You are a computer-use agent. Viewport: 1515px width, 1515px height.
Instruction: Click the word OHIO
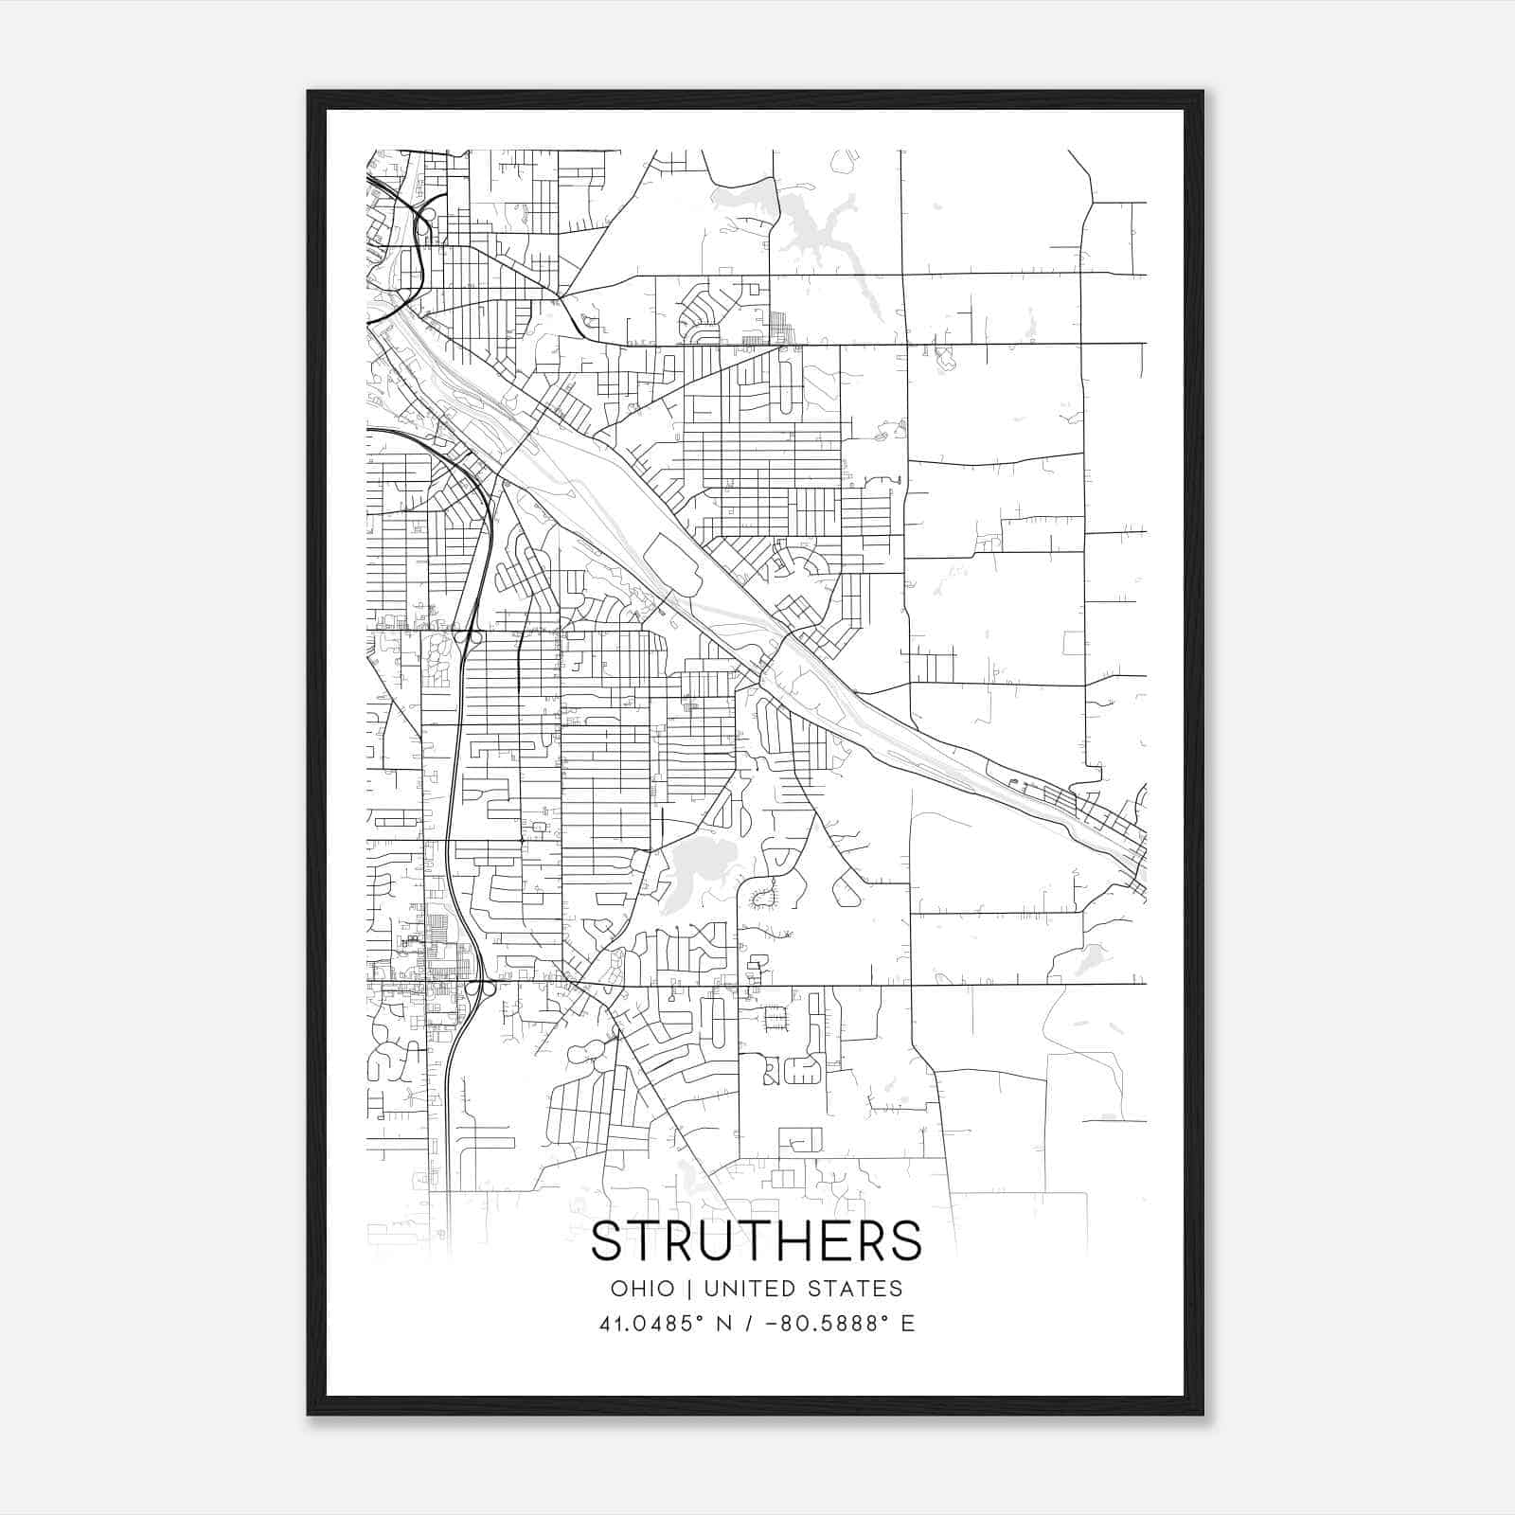click(x=642, y=1288)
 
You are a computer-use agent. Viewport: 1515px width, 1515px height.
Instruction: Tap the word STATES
click(x=858, y=1288)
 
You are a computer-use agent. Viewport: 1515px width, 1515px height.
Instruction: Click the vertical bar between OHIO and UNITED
click(x=686, y=1288)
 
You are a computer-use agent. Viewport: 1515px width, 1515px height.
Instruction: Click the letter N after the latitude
click(x=725, y=1323)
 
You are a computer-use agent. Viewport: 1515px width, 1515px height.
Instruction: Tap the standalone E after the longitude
click(x=908, y=1323)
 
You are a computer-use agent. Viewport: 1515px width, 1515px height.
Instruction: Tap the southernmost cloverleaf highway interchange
click(x=479, y=988)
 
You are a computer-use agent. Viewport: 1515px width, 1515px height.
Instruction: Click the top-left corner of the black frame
click(x=309, y=92)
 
